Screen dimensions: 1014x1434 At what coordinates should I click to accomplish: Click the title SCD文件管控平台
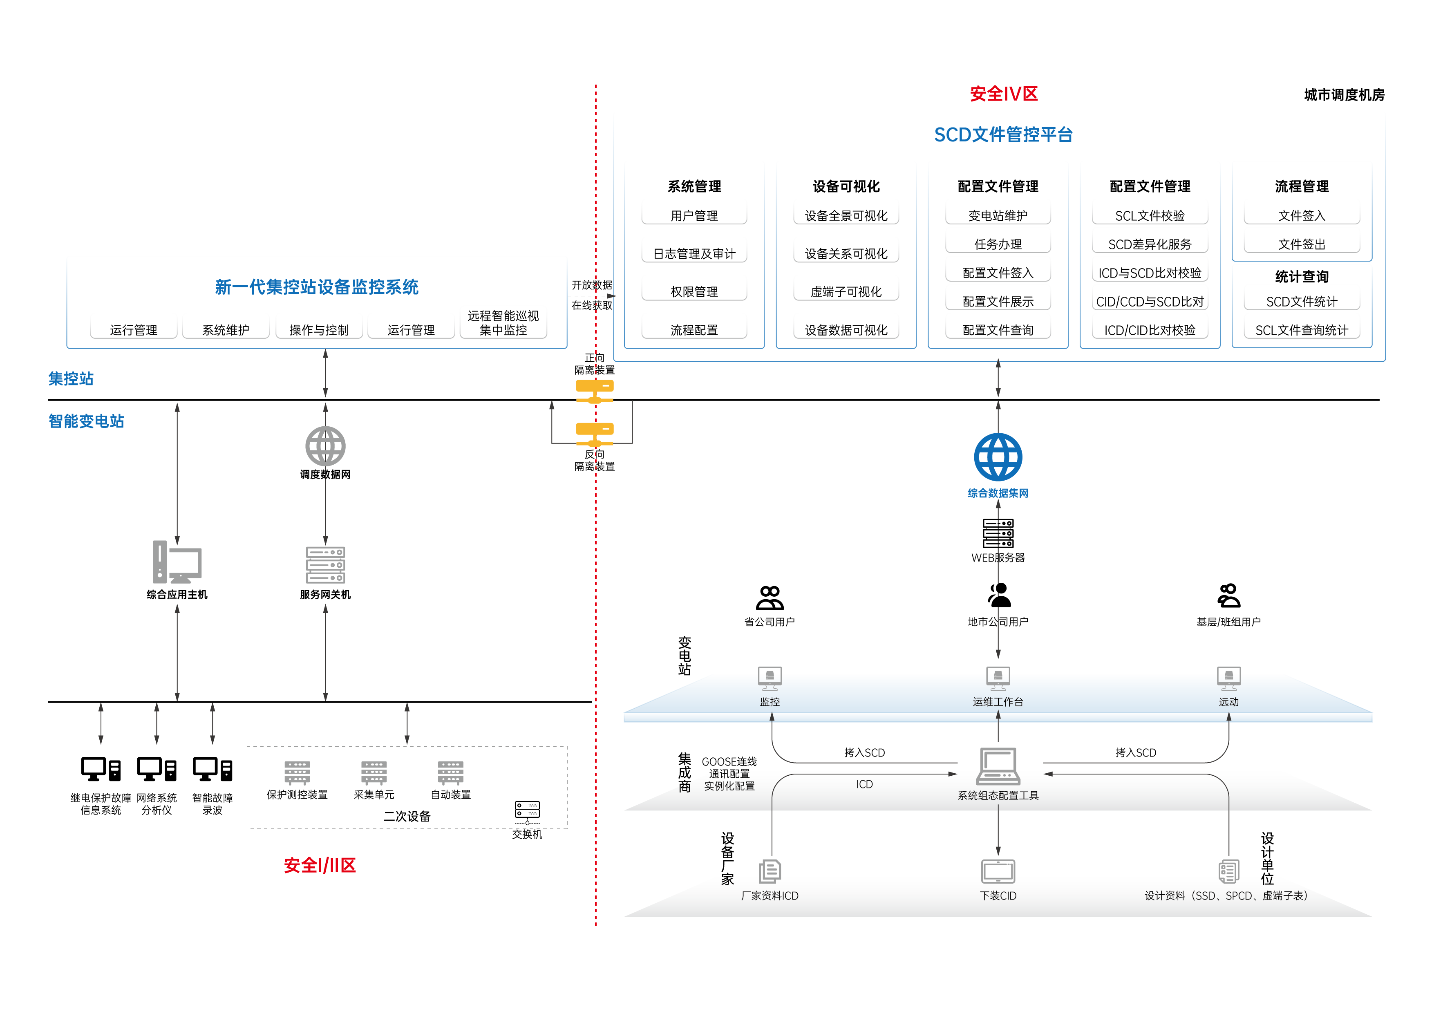[1003, 134]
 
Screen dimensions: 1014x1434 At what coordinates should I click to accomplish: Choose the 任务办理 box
[998, 243]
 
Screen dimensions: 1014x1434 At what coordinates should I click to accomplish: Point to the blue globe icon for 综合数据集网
[998, 457]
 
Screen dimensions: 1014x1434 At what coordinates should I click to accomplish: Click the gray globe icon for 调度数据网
[325, 446]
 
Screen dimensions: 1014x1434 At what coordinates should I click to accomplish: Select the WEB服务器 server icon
[998, 533]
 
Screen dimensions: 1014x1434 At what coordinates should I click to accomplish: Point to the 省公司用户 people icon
[770, 598]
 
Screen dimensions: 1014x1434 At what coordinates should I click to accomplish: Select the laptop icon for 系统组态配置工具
[998, 766]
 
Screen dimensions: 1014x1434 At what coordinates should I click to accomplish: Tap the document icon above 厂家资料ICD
[770, 870]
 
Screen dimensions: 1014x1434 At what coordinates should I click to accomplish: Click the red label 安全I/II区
[320, 865]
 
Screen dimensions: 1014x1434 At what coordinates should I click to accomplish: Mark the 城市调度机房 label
[1344, 95]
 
